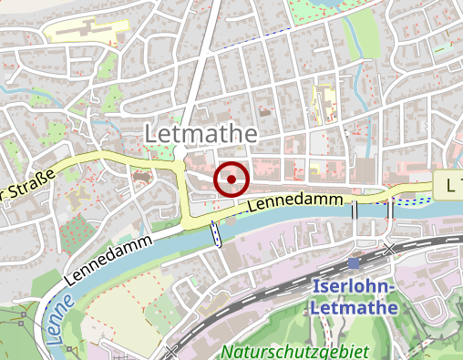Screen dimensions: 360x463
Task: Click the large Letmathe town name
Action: pyautogui.click(x=201, y=134)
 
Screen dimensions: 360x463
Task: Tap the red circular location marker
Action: pyautogui.click(x=231, y=180)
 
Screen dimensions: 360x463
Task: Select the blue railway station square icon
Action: pyautogui.click(x=354, y=264)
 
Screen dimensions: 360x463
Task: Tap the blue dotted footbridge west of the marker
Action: pyautogui.click(x=216, y=233)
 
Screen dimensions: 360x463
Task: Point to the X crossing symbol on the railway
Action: pyautogui.click(x=390, y=248)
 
